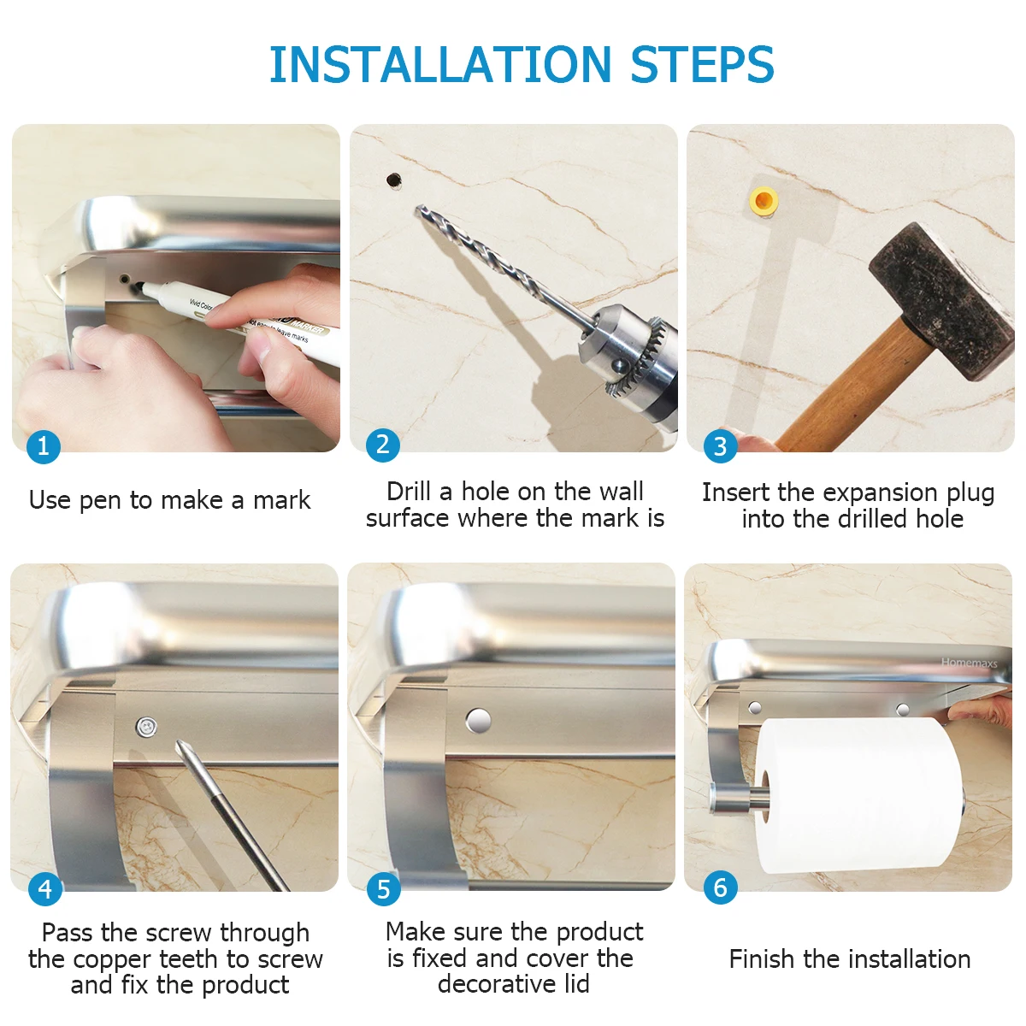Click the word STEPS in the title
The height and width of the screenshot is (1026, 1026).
pos(701,64)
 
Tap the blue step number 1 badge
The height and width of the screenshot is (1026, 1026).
pos(43,446)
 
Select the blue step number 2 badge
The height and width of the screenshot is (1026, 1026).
pos(382,445)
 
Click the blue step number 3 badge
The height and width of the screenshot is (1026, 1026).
pos(720,446)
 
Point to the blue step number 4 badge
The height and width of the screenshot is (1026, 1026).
pos(45,888)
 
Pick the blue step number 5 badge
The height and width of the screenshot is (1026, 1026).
pos(383,888)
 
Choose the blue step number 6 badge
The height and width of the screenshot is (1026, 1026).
pos(720,887)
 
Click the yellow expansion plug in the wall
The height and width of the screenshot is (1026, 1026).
pos(764,201)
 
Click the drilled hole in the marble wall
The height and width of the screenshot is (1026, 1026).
pos(394,180)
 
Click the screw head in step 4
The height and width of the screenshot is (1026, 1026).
pos(146,727)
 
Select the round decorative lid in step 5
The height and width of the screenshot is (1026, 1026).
pos(478,721)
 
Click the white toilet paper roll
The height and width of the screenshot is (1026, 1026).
pos(858,796)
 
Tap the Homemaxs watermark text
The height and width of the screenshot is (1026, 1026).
pos(969,663)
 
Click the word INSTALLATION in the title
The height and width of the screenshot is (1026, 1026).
pos(440,64)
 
